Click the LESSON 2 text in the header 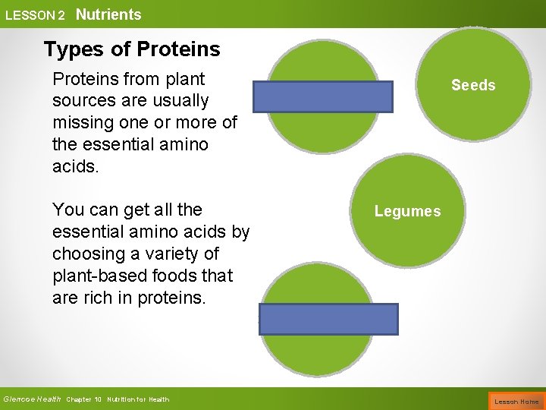point(35,15)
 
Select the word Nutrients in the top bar point(108,14)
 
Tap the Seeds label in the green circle point(473,85)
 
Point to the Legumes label point(407,211)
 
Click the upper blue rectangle point(322,97)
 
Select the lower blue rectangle point(328,319)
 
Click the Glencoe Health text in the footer point(31,399)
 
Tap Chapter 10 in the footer point(84,399)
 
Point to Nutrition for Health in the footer point(138,399)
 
